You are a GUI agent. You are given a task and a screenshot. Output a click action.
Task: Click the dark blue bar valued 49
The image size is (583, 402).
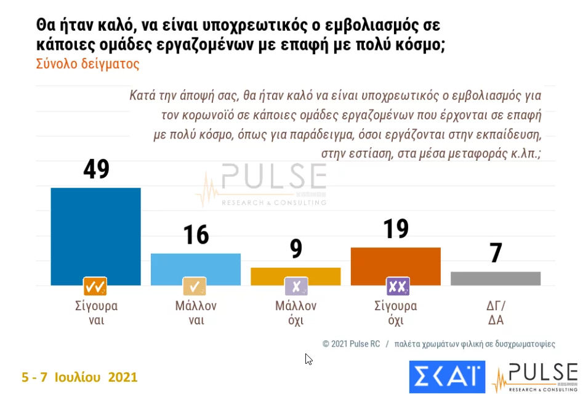[x=95, y=234]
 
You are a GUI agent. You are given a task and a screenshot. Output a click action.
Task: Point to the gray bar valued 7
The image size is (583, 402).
[x=496, y=278]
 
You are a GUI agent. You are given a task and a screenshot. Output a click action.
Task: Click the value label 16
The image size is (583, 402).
[x=196, y=235]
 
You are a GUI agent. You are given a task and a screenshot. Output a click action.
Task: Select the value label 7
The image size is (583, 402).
[x=496, y=253]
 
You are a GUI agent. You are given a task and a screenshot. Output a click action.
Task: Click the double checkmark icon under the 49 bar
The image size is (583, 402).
[x=95, y=287]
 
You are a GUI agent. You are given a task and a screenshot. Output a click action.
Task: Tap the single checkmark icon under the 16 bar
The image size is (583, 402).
[x=195, y=287]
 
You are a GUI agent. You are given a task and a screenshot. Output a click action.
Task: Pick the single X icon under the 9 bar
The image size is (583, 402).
[x=296, y=287]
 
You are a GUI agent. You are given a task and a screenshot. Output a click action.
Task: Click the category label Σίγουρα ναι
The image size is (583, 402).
[x=95, y=313]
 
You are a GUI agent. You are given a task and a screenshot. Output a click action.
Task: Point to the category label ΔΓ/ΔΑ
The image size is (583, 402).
[x=496, y=313]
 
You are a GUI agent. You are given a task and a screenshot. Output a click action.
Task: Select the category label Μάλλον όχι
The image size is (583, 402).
[x=296, y=313]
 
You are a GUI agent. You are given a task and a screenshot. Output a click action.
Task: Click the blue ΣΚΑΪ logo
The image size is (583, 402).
[x=447, y=377]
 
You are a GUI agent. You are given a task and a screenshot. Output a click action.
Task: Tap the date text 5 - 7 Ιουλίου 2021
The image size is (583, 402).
[x=79, y=377]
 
